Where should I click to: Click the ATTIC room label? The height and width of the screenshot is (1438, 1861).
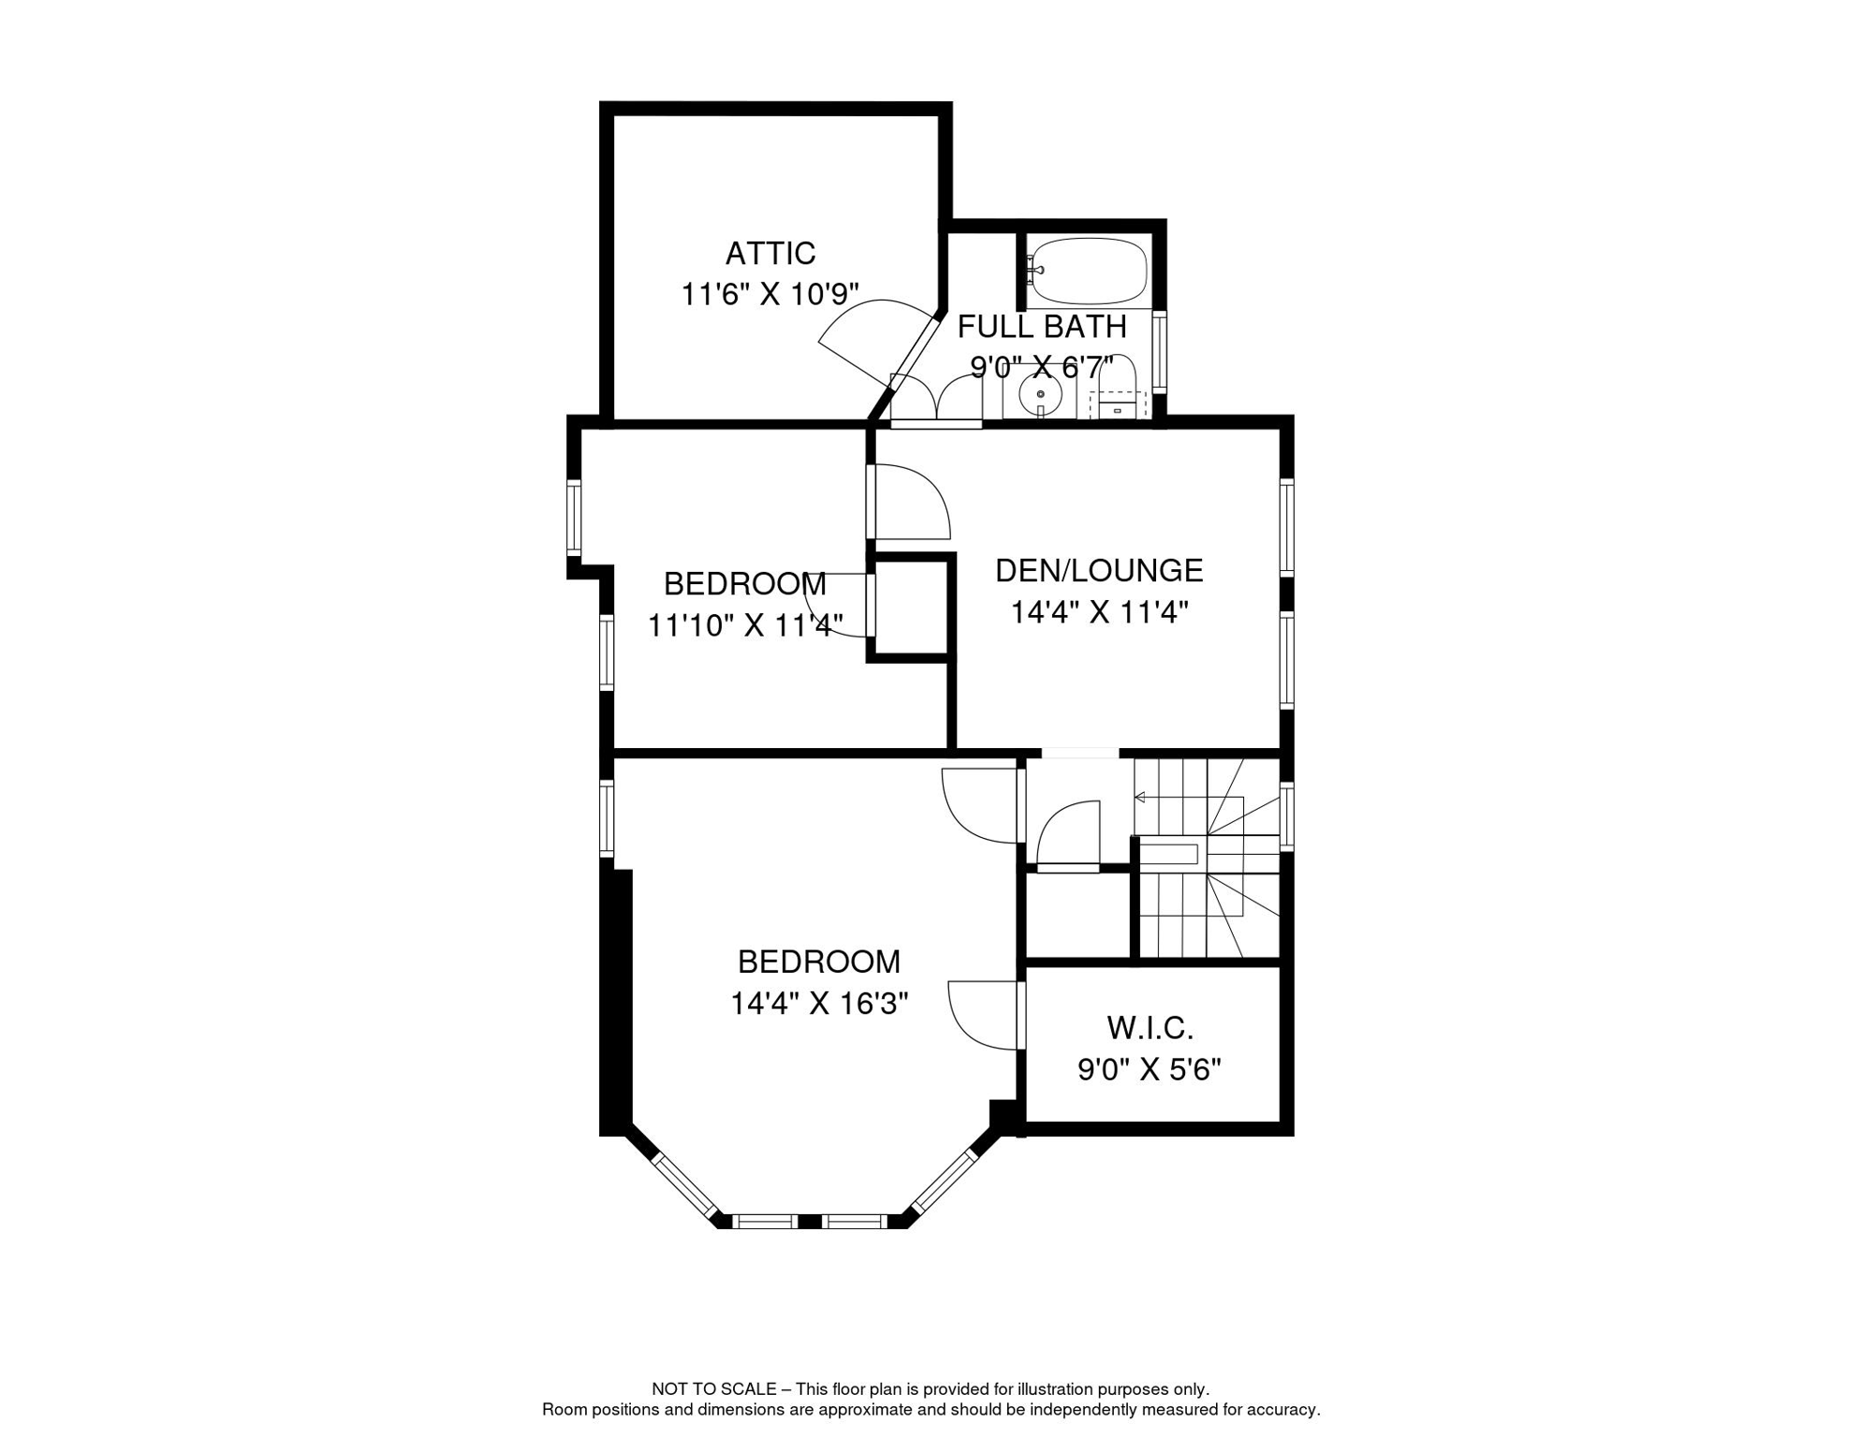pos(770,253)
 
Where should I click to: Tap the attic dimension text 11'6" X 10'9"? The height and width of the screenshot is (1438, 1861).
pos(769,294)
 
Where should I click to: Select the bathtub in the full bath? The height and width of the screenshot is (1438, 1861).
pos(1087,270)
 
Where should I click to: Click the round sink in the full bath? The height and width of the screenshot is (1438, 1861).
pos(1040,393)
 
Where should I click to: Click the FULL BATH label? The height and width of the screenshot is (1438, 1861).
pos(1041,327)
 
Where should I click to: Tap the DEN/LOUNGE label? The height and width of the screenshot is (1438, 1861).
pos(1099,570)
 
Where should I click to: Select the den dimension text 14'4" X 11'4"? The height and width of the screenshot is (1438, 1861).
pos(1099,612)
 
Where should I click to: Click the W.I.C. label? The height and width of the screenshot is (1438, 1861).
pos(1150,1028)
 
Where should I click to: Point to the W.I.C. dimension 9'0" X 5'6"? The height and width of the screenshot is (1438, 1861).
pos(1150,1069)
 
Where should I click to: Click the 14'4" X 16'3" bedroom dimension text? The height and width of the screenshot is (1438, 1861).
pos(819,1004)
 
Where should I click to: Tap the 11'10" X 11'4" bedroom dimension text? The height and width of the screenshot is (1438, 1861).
pos(745,624)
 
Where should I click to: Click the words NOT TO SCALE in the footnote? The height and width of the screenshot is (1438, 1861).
pos(714,1389)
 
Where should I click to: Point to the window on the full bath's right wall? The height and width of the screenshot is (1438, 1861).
pos(1159,351)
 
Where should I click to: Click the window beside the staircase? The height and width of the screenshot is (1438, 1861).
pos(1287,816)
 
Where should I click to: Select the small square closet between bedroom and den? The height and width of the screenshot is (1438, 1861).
pos(911,609)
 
